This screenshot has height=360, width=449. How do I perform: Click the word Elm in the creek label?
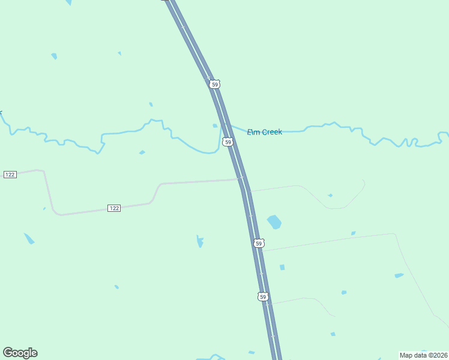tap(253, 132)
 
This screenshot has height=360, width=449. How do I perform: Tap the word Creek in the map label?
tap(271, 132)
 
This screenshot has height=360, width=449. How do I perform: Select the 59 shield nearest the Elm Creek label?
tap(228, 142)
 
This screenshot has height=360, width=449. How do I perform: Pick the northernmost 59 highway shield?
tap(215, 85)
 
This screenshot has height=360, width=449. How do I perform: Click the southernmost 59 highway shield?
tap(262, 297)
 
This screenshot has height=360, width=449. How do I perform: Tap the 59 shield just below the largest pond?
tap(259, 243)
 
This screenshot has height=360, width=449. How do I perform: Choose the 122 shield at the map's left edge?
tap(10, 174)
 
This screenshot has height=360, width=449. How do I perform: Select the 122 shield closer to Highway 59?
tap(115, 208)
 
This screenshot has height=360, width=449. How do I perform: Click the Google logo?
tap(20, 353)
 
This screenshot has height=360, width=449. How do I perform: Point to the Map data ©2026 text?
tap(423, 355)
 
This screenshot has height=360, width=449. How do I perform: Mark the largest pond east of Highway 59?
tap(274, 222)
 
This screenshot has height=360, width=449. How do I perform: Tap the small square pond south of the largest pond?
tap(282, 267)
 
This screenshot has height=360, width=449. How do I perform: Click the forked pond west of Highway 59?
tap(200, 242)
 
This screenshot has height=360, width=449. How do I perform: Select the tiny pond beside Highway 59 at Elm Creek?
tap(215, 126)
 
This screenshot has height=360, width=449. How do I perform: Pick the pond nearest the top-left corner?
tap(54, 56)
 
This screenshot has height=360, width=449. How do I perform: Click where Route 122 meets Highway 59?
tap(241, 179)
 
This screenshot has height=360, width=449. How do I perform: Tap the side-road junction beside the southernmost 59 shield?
tap(267, 304)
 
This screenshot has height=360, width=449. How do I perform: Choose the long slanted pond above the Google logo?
tap(29, 238)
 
